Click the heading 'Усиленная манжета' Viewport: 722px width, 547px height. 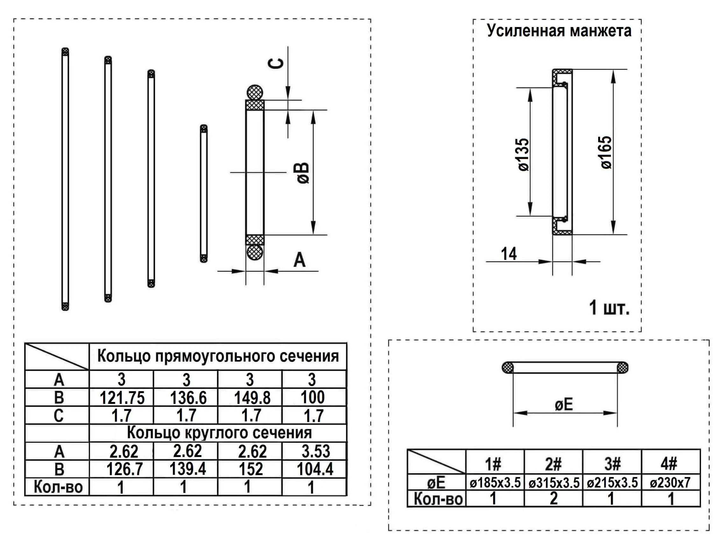tap(559, 31)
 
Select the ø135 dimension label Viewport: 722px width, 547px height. tap(524, 155)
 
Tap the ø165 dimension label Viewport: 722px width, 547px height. tap(606, 152)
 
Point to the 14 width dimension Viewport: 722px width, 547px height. tap(508, 254)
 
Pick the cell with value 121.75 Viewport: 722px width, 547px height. tap(122, 398)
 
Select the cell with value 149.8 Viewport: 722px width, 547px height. tap(252, 398)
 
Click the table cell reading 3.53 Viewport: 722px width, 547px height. tap(315, 451)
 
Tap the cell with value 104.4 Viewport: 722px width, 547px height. tap(315, 469)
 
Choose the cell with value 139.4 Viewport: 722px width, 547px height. tap(188, 469)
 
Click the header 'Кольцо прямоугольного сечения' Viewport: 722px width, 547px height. tap(218, 356)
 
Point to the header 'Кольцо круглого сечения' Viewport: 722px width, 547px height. tap(219, 433)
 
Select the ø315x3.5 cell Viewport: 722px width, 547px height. tap(554, 483)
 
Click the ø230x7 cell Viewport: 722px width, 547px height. tap(670, 483)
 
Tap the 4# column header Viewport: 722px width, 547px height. tap(669, 463)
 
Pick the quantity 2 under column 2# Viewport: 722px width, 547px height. tap(554, 499)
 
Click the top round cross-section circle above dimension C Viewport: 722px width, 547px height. tap(255, 92)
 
